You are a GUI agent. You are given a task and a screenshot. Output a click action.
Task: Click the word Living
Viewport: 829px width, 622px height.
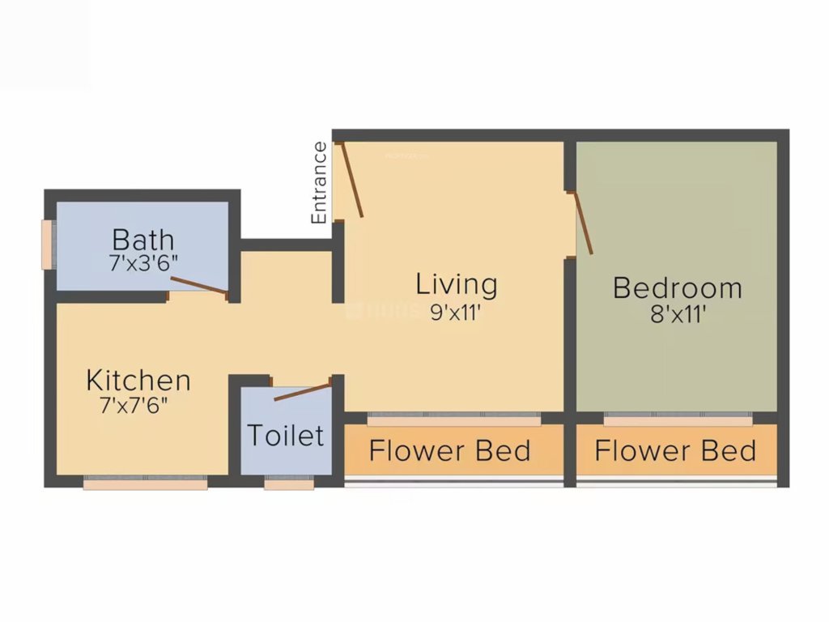(x=457, y=285)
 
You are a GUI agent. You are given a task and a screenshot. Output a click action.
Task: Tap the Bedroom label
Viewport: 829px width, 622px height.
(x=677, y=288)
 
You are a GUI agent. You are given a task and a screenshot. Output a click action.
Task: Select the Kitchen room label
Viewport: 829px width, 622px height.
(x=138, y=380)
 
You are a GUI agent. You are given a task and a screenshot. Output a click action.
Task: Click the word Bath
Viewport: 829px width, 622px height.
(x=142, y=240)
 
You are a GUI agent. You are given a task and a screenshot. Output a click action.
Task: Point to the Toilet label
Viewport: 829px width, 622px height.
(x=285, y=436)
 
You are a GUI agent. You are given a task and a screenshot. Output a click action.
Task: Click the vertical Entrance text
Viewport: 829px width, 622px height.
(x=320, y=183)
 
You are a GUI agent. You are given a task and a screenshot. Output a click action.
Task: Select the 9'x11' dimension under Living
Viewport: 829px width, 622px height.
(x=457, y=313)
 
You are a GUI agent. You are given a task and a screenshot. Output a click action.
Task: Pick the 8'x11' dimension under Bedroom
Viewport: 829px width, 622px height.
(x=677, y=315)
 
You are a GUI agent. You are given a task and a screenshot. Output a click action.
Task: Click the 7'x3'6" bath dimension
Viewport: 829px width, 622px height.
(x=142, y=262)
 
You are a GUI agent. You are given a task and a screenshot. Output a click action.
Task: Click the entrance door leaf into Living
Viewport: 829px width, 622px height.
(x=352, y=180)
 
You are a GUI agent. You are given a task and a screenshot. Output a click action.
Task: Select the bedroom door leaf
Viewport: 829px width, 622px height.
(x=583, y=224)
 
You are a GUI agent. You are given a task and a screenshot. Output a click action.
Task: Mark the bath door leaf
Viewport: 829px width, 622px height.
(x=199, y=284)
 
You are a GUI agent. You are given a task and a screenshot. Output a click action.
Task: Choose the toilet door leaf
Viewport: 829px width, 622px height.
(x=302, y=391)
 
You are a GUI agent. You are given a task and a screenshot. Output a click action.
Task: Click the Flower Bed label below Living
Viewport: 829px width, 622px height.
(x=450, y=451)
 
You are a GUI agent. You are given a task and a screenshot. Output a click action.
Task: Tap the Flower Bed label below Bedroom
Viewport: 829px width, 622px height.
(x=675, y=451)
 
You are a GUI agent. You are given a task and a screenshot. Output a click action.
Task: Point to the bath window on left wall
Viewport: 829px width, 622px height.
(x=48, y=244)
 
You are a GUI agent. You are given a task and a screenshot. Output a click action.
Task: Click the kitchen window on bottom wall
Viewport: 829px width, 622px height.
(x=145, y=484)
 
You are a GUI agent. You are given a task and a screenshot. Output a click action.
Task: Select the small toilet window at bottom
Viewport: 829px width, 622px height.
(x=289, y=484)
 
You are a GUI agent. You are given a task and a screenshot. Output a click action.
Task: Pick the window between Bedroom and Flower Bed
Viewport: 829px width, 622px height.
(x=678, y=420)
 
